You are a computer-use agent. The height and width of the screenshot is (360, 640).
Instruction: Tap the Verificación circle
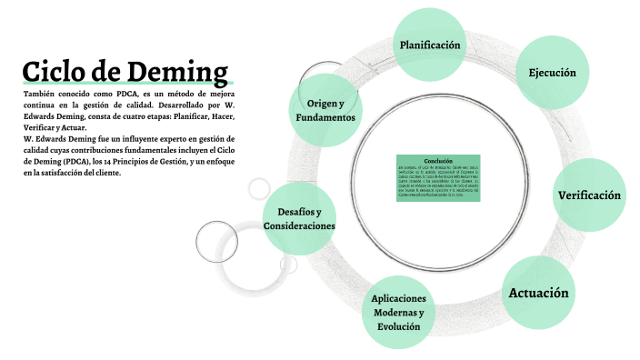[589, 195]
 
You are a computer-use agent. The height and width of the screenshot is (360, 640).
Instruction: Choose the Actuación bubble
[538, 293]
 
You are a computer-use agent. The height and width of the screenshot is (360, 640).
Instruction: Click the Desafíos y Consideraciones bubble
[299, 218]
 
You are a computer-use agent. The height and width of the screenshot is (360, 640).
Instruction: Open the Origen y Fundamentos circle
[325, 111]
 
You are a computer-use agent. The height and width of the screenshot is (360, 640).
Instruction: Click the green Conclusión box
[437, 178]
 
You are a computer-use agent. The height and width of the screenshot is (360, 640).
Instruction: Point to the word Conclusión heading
[437, 160]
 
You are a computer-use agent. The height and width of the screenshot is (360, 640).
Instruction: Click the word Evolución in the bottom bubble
[398, 326]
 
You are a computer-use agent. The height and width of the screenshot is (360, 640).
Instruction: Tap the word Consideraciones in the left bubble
[299, 225]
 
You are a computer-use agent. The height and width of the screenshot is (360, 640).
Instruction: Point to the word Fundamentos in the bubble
[325, 118]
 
